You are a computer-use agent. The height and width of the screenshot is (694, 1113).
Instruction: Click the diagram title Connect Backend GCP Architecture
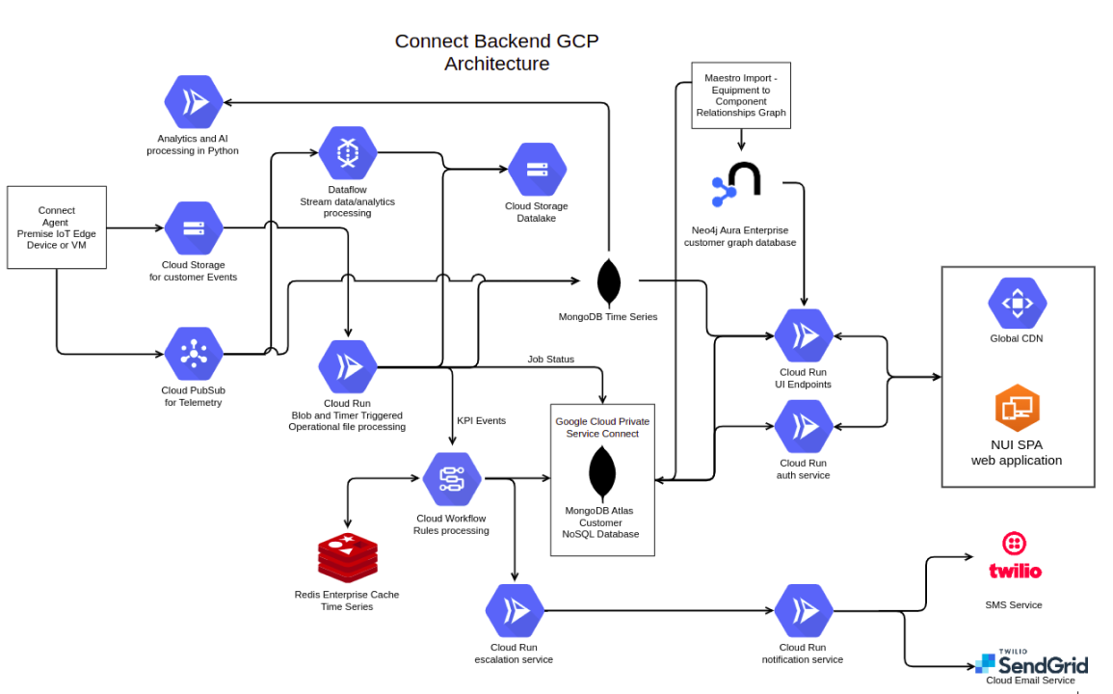[496, 52]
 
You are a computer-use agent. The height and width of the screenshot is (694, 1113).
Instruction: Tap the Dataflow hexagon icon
[347, 152]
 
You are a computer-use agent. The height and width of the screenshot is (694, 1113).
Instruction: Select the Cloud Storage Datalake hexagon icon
[537, 170]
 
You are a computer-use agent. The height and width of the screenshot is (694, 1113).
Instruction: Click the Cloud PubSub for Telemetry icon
[193, 354]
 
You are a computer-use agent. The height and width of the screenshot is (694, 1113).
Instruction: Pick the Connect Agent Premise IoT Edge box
[57, 227]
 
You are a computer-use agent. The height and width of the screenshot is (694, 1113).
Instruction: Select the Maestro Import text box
[741, 94]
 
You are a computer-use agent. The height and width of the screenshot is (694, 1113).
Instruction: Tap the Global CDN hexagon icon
[1017, 303]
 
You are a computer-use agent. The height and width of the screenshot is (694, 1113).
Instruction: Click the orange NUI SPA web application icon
[1017, 407]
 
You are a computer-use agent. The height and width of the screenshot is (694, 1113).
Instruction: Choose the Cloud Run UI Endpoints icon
[803, 335]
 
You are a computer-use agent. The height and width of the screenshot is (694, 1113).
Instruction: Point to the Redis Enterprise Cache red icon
[347, 558]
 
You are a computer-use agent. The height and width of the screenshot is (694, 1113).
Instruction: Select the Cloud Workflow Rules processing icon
[451, 478]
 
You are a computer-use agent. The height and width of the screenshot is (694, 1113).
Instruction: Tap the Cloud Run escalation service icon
[515, 610]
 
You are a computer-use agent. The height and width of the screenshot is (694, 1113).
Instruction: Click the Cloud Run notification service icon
[803, 610]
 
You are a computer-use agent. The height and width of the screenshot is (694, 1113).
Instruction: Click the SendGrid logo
[1031, 663]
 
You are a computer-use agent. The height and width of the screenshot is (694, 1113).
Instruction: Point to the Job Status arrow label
[550, 360]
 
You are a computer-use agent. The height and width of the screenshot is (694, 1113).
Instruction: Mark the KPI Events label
[481, 421]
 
